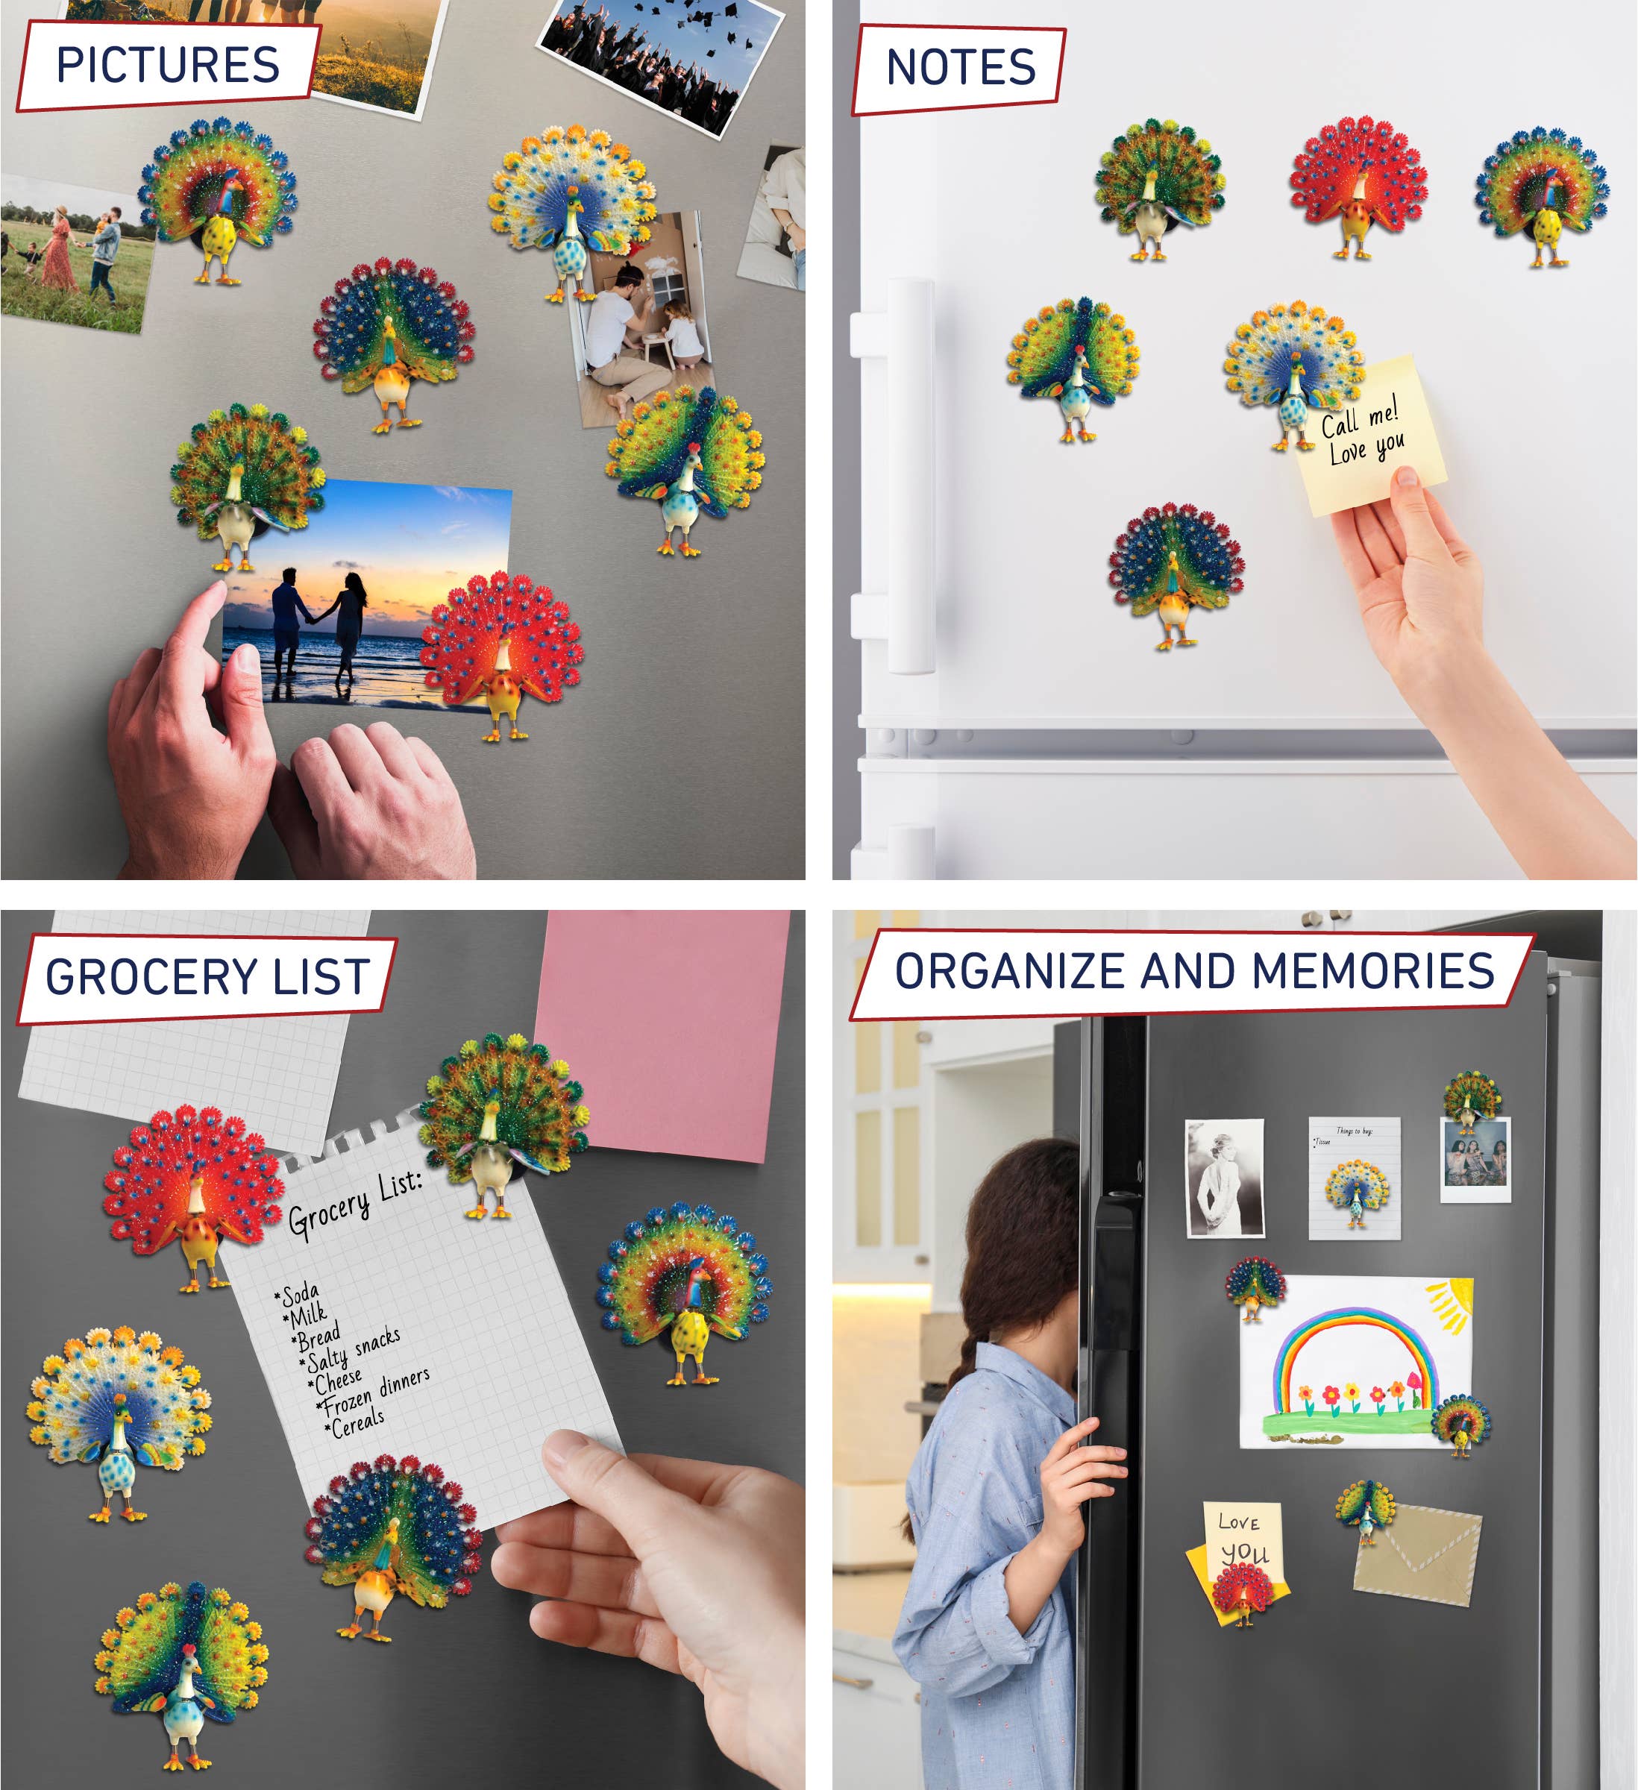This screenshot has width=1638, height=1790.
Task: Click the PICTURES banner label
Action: (168, 65)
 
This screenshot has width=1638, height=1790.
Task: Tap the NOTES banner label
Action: (961, 69)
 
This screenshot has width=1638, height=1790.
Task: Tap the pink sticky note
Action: (666, 1030)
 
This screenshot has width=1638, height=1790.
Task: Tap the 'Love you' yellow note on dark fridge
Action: (1243, 1540)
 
